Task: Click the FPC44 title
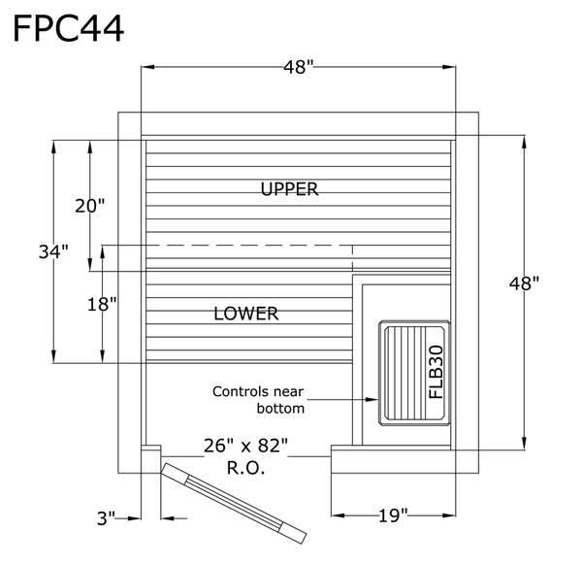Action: pyautogui.click(x=69, y=29)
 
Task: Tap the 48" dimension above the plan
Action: pyautogui.click(x=299, y=67)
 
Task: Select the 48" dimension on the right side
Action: pyautogui.click(x=524, y=283)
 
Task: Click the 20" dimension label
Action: pyautogui.click(x=90, y=206)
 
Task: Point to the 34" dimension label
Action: pyautogui.click(x=53, y=251)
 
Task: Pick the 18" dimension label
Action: pyautogui.click(x=102, y=305)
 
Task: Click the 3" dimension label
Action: pyautogui.click(x=106, y=518)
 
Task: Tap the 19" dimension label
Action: pyautogui.click(x=393, y=515)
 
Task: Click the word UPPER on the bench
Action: pyautogui.click(x=289, y=189)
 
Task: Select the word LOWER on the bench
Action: pyautogui.click(x=246, y=314)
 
